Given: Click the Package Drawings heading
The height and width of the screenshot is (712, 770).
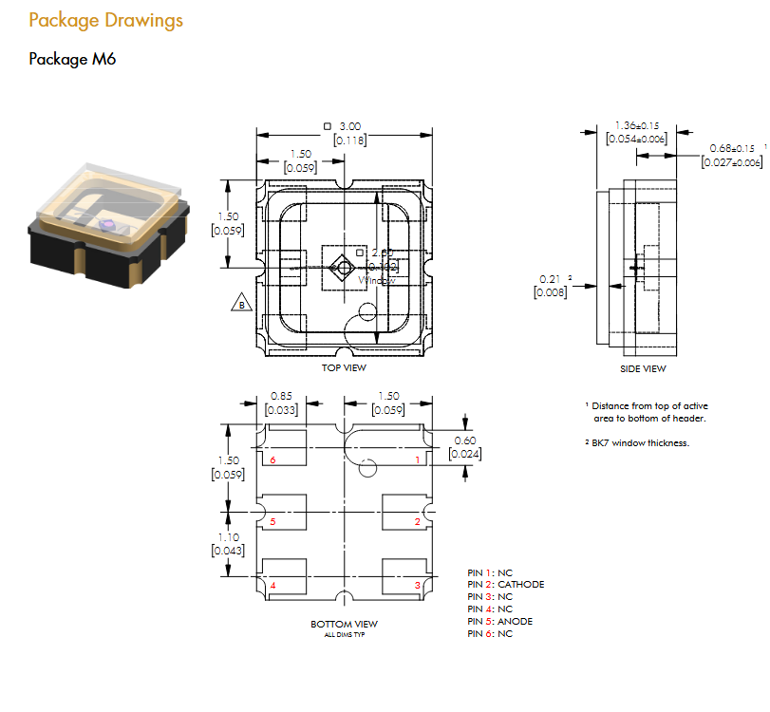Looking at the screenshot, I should click(105, 20).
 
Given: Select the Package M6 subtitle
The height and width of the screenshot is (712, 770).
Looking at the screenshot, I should click(72, 59).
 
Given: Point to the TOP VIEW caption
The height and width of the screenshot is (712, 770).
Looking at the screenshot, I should click(344, 368).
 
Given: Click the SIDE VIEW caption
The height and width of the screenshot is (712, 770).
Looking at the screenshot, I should click(643, 369).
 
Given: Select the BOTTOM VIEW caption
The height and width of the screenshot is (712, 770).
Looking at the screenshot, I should click(344, 624).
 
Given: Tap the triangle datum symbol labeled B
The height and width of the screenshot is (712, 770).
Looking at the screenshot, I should click(241, 304).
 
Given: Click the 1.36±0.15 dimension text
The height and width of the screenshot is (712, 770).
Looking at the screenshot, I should click(637, 125).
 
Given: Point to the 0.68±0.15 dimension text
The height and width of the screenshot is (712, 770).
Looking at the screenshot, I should click(732, 148).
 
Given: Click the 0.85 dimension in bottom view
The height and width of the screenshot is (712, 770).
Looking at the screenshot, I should click(281, 396).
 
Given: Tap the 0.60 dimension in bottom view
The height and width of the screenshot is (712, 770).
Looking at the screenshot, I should click(465, 440).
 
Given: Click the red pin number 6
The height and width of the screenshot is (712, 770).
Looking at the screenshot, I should click(272, 459).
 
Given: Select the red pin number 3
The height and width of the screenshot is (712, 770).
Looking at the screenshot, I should click(417, 586).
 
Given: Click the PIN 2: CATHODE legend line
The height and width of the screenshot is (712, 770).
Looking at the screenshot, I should click(506, 585).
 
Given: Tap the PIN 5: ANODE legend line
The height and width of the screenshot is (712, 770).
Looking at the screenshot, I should click(500, 622).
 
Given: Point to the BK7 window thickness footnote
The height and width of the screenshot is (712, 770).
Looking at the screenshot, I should click(637, 443).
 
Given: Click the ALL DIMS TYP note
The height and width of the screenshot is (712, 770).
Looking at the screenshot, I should click(344, 634).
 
